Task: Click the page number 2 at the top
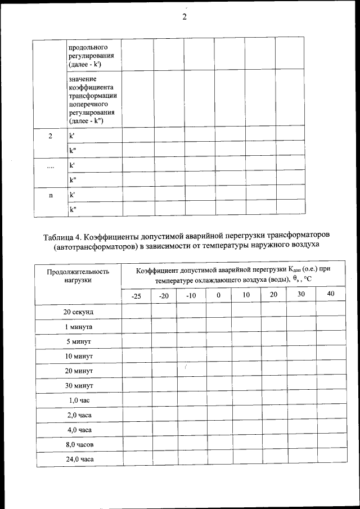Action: [x=184, y=16]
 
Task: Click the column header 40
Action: [x=330, y=295]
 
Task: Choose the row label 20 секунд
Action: [x=78, y=312]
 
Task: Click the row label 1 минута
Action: [x=78, y=327]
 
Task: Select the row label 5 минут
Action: [x=78, y=341]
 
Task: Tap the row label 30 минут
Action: [x=78, y=385]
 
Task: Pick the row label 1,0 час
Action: [x=78, y=400]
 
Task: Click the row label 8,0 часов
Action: [x=78, y=444]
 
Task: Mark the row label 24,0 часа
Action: [x=78, y=460]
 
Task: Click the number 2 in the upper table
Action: [x=50, y=136]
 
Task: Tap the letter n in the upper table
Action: [x=50, y=195]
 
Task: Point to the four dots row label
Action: [x=50, y=166]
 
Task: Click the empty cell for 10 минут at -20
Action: [x=164, y=356]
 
